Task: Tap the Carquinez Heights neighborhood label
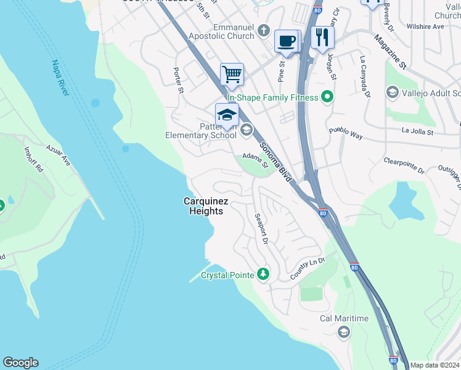coord(203,206)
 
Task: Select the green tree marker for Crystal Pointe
coord(263,273)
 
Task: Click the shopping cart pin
coord(232,75)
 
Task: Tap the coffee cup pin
coord(287,41)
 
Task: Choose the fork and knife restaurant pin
coord(322,37)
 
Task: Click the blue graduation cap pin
coord(226,115)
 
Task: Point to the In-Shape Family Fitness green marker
coord(328,97)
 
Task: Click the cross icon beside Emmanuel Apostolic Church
coord(264,30)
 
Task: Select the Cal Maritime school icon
coord(343,332)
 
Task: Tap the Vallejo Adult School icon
coord(392,92)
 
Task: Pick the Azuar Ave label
coord(59,155)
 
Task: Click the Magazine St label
coord(390,51)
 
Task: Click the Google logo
coord(20,363)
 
